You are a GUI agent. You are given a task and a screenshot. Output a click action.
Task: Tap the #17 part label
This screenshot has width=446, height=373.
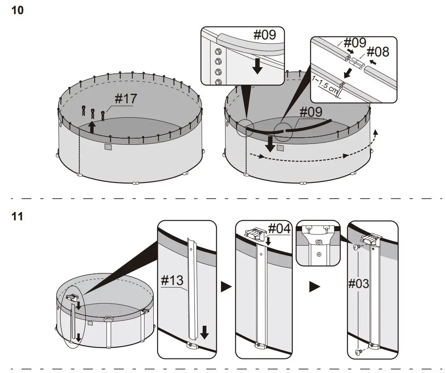click(125, 99)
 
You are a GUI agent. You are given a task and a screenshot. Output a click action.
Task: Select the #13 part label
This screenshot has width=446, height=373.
click(172, 281)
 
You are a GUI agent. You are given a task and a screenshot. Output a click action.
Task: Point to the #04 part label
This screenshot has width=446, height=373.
click(279, 228)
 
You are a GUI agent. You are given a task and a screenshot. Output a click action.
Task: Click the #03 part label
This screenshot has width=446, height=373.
click(359, 284)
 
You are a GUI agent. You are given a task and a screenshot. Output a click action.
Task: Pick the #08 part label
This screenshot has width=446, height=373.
click(378, 52)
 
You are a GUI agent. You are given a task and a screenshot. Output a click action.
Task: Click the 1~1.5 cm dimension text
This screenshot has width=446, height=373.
click(325, 85)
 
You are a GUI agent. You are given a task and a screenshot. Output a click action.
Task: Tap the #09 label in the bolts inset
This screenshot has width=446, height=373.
click(264, 35)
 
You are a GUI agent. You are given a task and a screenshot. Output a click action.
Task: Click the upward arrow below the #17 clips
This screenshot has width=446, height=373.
click(92, 127)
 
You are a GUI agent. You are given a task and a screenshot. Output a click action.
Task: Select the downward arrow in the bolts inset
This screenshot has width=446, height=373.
click(257, 66)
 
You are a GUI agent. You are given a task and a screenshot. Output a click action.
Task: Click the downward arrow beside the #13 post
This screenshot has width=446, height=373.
click(204, 332)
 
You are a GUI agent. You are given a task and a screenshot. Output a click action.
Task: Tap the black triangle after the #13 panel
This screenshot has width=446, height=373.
click(226, 287)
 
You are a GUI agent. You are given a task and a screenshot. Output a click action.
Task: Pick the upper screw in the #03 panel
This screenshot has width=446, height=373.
click(356, 247)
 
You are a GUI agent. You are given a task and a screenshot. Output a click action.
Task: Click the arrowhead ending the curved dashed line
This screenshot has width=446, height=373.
click(376, 132)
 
